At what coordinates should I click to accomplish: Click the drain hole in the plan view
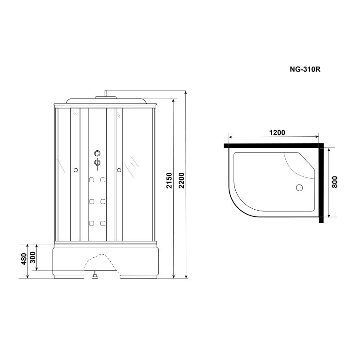297,188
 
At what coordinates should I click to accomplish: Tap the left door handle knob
75,170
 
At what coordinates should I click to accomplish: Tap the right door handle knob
119,170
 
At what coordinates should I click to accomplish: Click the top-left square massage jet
91,181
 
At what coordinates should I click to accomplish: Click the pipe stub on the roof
105,94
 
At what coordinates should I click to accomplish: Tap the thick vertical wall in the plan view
321,184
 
